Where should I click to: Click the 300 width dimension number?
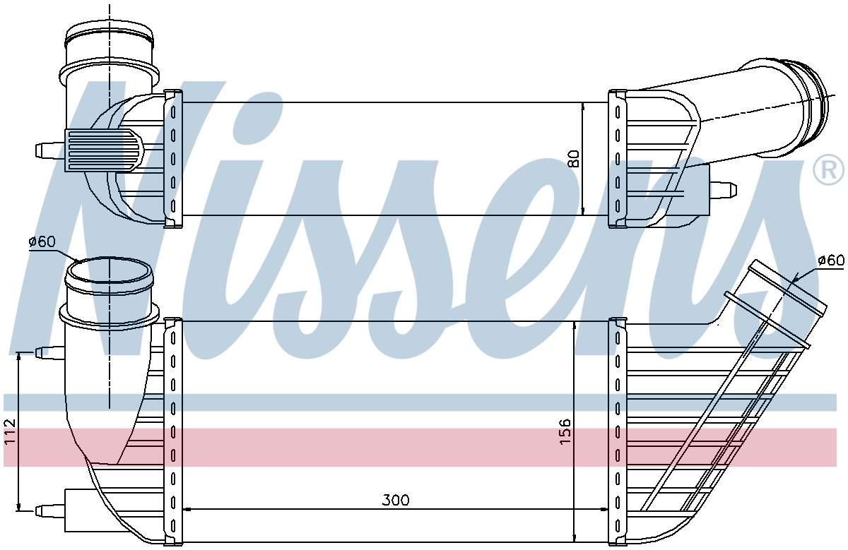395,500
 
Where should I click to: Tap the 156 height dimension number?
565,431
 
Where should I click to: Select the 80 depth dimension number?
574,159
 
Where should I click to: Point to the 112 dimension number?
9,431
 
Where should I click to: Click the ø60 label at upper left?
42,241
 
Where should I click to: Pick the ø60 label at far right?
831,260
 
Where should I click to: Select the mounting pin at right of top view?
723,189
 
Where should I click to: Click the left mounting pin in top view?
50,150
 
